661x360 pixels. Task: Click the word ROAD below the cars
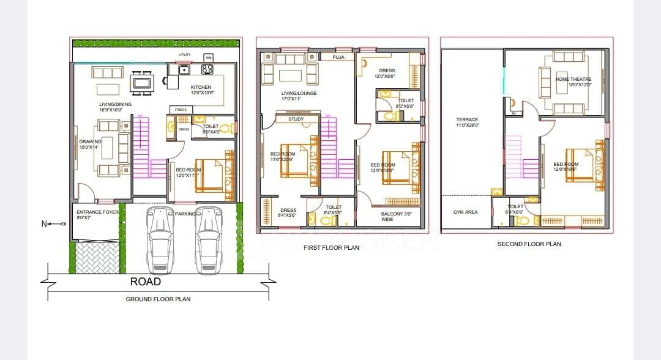pos(146,282)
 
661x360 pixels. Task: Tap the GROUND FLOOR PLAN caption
pos(158,299)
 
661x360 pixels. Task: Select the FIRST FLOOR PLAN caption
pos(331,248)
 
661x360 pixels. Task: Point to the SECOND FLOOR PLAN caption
pos(529,244)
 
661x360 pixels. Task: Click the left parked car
pos(159,239)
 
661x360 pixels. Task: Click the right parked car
pos(208,239)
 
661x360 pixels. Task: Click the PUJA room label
pos(338,57)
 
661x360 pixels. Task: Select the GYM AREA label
pos(466,212)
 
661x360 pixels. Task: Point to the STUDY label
pos(296,119)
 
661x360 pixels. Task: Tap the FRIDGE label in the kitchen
pos(181,110)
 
